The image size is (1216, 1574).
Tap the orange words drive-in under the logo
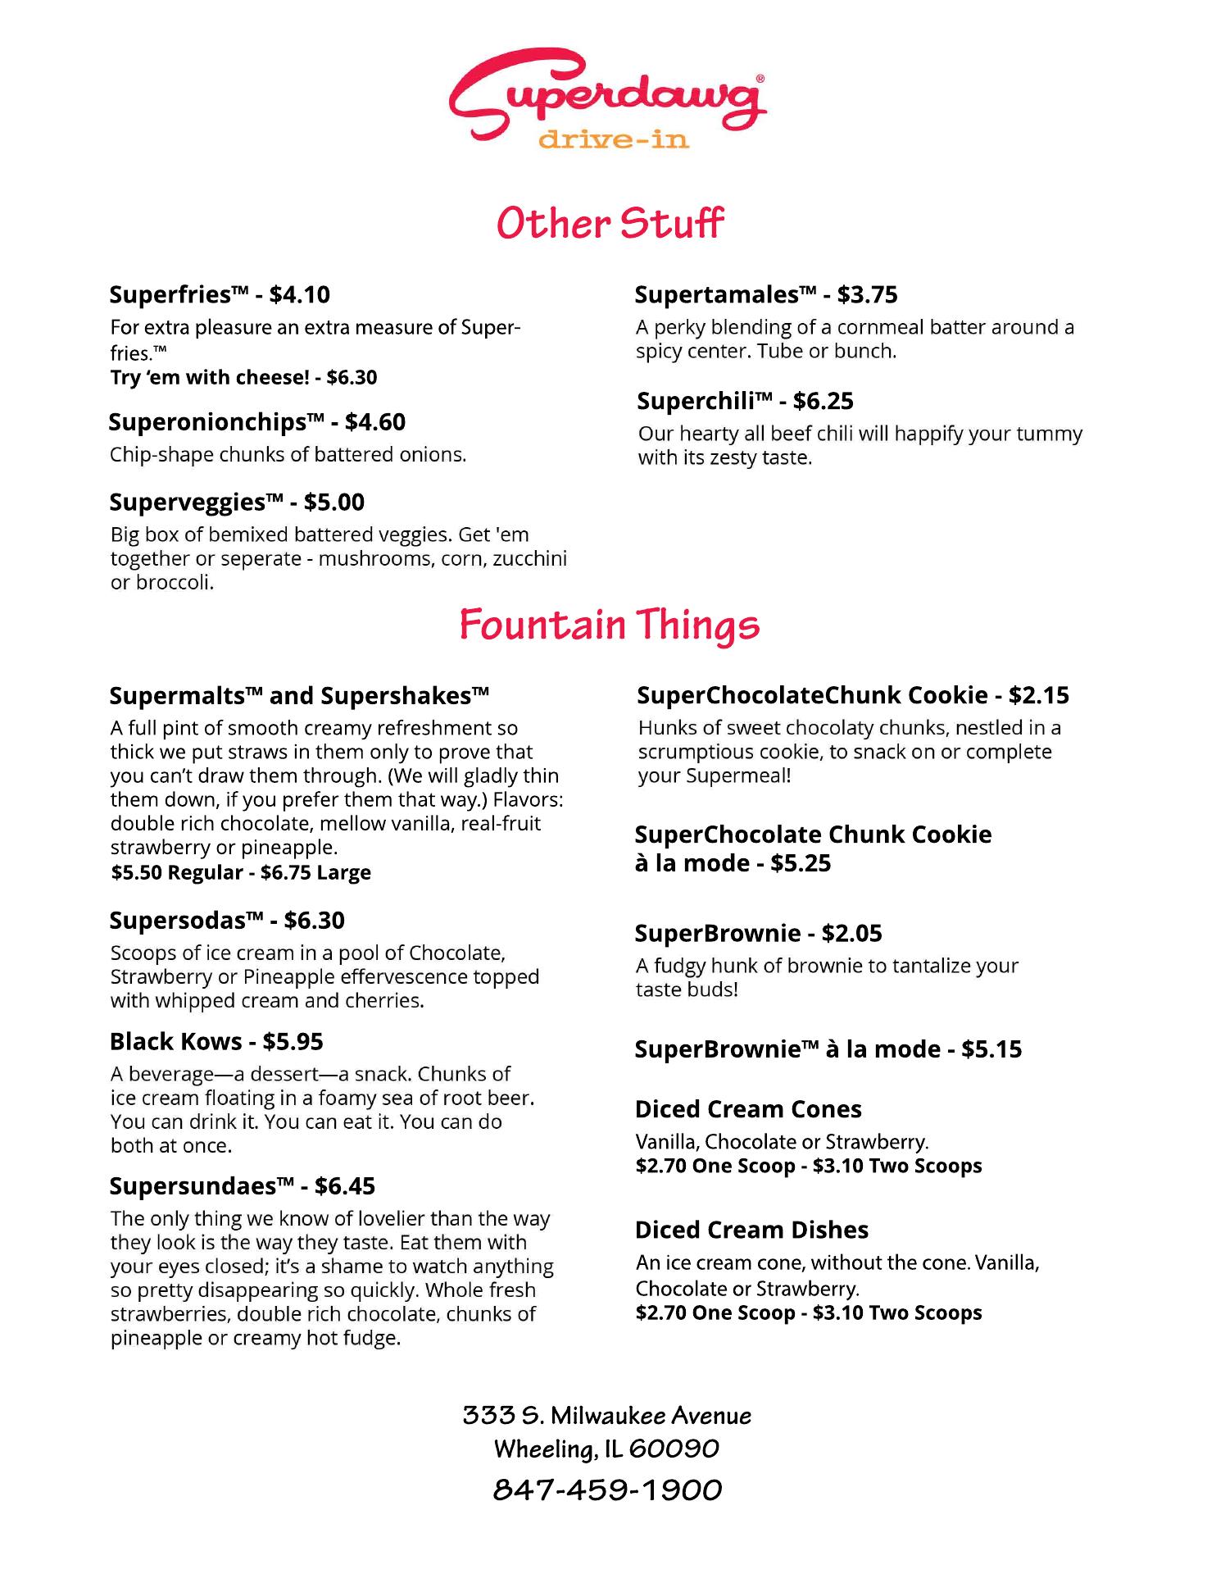coord(613,140)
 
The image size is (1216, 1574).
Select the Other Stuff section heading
coord(610,224)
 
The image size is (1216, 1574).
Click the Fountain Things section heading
coord(609,626)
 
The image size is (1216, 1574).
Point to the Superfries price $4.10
coord(300,295)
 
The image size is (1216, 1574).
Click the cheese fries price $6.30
coord(352,378)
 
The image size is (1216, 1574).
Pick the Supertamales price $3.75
coord(867,295)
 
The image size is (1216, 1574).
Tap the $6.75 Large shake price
coord(315,873)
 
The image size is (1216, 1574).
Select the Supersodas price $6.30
coord(314,921)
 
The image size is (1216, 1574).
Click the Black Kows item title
coord(176,1042)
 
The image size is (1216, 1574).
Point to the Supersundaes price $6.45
coord(345,1186)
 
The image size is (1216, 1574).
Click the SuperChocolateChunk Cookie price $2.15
coord(1038,696)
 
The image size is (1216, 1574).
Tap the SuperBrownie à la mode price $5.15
coord(991,1050)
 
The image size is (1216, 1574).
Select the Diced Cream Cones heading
coord(748,1110)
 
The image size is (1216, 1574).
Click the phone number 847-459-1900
coord(607,1490)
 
